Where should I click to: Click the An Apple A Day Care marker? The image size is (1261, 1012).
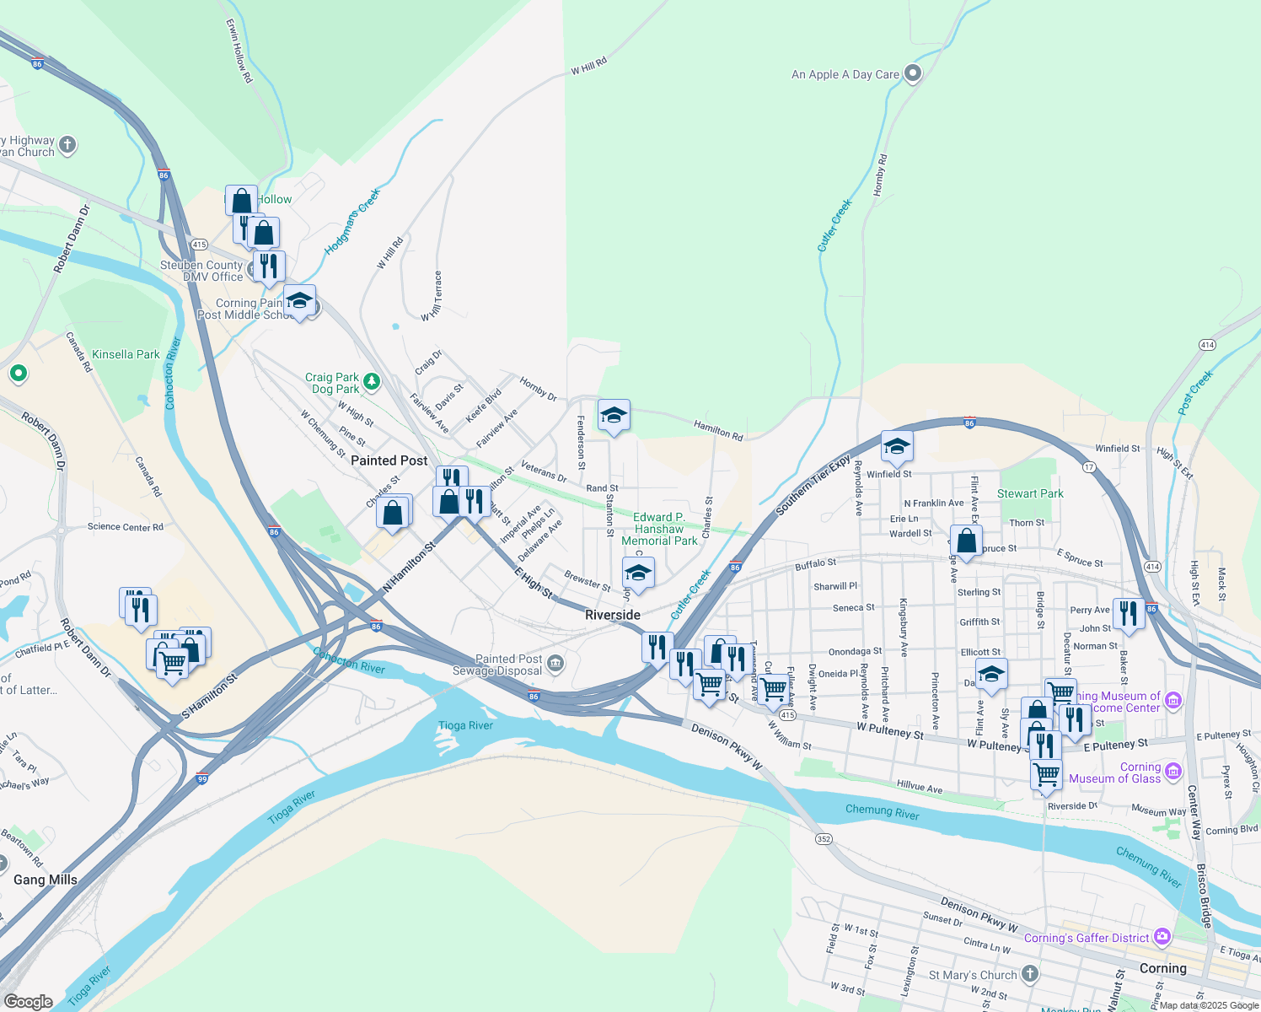(913, 73)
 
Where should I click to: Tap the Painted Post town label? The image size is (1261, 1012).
(389, 460)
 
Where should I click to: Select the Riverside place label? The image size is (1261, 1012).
(613, 615)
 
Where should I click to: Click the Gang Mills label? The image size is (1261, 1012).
(46, 880)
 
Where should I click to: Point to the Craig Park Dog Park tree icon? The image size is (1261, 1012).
(372, 384)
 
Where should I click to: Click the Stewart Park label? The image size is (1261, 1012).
(1030, 493)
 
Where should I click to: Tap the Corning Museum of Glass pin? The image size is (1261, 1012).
(1173, 772)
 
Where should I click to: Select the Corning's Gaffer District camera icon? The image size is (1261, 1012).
(1162, 937)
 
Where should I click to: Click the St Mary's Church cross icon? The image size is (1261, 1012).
(1029, 974)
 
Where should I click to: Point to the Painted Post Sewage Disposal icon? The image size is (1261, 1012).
(555, 664)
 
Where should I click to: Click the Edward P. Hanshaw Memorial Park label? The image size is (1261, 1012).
(659, 529)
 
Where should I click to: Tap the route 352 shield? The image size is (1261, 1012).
(824, 838)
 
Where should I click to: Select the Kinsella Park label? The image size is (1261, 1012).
(126, 354)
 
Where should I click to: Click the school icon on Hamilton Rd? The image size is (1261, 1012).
(614, 415)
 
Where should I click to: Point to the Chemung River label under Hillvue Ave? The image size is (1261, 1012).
(882, 812)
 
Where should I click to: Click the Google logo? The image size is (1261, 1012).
(28, 1001)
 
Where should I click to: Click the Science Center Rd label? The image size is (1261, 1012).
(125, 527)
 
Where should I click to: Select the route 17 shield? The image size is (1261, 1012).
(1089, 467)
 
